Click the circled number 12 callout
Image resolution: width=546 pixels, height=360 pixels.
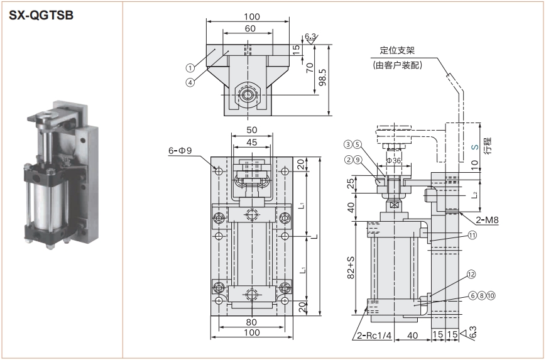pyautogui.click(x=472, y=274)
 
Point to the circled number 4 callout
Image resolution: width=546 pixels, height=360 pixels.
pyautogui.click(x=189, y=81)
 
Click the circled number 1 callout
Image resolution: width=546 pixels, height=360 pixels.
pyautogui.click(x=189, y=67)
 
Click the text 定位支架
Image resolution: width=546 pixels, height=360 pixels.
pyautogui.click(x=398, y=51)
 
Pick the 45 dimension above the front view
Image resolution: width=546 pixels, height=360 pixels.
pyautogui.click(x=251, y=142)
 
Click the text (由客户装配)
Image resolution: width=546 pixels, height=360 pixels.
pyautogui.click(x=397, y=65)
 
